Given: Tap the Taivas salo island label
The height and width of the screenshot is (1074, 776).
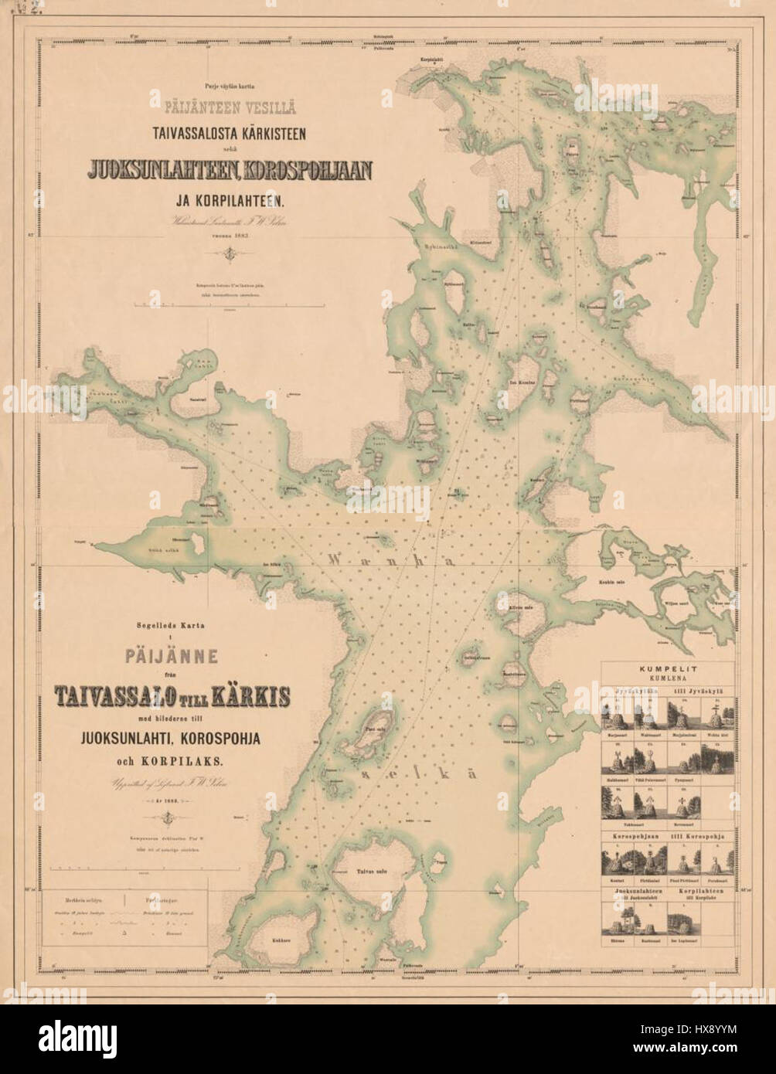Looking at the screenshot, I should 370,873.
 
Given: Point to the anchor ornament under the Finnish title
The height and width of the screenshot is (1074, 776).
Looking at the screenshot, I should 230,253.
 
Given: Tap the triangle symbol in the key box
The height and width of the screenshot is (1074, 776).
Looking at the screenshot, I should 124,933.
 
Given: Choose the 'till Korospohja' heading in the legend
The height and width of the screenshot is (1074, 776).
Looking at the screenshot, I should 701,835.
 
